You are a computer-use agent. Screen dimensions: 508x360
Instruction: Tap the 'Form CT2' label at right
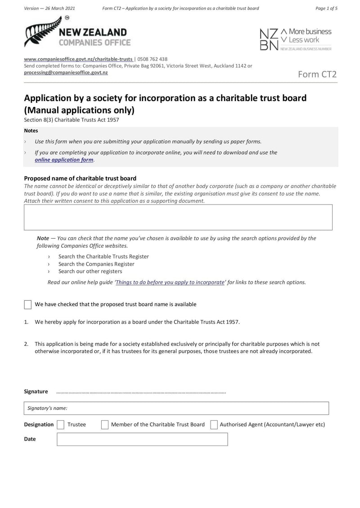(x=317, y=75)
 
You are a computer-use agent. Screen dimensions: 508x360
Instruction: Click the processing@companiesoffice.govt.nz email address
(x=66, y=72)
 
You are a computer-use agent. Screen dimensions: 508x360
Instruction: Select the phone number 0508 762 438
(x=152, y=59)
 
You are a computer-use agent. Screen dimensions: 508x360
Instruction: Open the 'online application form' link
(x=64, y=160)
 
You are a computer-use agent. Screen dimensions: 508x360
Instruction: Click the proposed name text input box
(x=178, y=218)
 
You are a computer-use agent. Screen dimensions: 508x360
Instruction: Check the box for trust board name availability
(x=28, y=304)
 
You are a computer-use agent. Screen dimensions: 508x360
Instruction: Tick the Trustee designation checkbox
(x=60, y=424)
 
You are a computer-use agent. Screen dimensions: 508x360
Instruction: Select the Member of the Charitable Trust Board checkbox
(x=105, y=424)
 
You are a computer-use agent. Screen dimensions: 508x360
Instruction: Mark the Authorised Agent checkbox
(x=214, y=424)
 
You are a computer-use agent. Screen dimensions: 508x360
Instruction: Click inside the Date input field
(x=142, y=439)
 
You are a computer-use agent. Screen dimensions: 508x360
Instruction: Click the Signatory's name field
(x=176, y=408)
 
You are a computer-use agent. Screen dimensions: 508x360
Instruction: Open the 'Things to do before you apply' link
(x=170, y=282)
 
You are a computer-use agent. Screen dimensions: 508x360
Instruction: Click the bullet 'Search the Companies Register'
(x=96, y=264)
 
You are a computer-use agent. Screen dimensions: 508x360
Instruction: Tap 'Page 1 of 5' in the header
(x=326, y=9)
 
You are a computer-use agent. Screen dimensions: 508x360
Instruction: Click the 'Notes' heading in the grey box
(x=31, y=131)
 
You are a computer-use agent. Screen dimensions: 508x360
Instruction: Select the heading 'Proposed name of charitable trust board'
(x=80, y=178)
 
